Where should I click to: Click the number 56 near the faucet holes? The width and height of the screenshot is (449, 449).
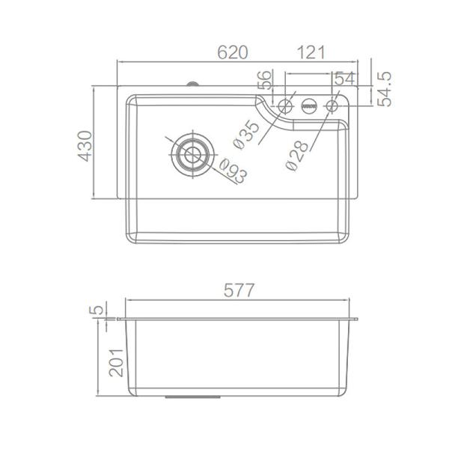coord(264,79)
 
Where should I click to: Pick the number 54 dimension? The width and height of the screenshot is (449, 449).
coord(344,79)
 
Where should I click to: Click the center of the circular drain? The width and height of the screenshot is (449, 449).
coord(192,153)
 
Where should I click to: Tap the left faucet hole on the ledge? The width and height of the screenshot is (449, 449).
coord(284,107)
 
